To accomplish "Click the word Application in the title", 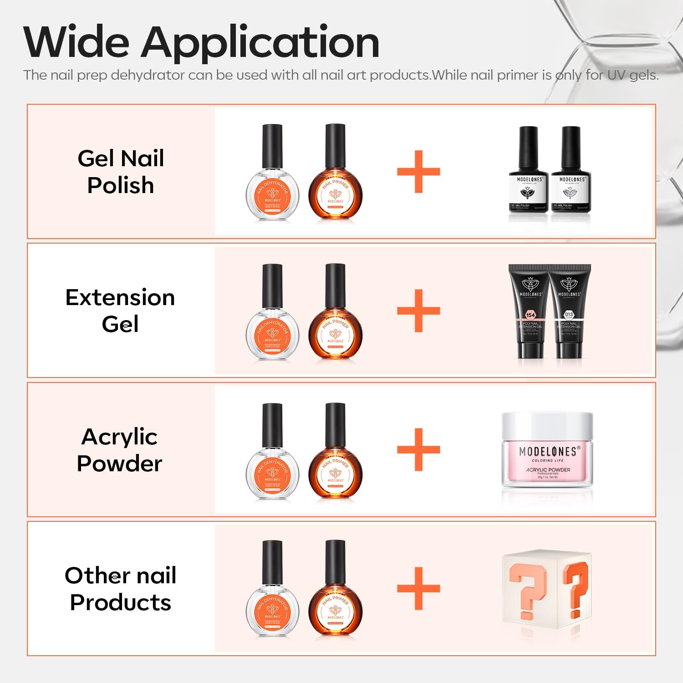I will [x=260, y=43].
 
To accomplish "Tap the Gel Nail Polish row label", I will [x=121, y=172].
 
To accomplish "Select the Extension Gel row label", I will [x=120, y=311].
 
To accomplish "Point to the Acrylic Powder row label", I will [x=120, y=450].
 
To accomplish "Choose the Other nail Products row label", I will [x=120, y=589].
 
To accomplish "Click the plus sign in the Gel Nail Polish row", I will [x=418, y=172].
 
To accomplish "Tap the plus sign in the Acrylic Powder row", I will [x=418, y=449].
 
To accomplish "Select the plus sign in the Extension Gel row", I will [x=418, y=311].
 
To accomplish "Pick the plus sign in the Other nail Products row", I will [x=418, y=588].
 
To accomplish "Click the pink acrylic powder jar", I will [x=547, y=460].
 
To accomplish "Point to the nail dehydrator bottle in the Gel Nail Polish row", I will [x=272, y=182].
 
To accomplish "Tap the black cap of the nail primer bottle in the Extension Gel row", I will [x=335, y=285].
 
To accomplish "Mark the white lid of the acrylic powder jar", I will [x=547, y=426].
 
